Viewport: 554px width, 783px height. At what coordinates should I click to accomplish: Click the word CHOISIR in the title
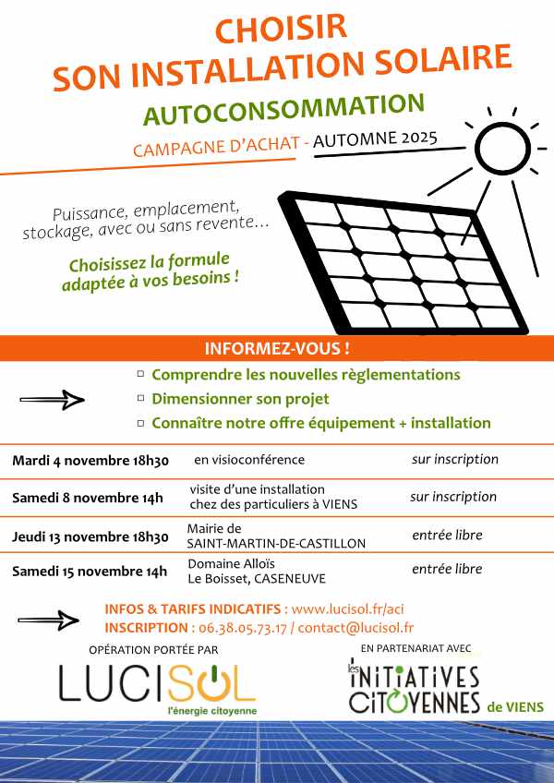(280, 28)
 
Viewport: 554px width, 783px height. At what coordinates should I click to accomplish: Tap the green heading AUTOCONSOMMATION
(283, 110)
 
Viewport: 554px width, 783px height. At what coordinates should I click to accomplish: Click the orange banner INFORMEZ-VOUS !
(277, 349)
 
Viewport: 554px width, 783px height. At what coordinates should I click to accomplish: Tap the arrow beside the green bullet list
(52, 400)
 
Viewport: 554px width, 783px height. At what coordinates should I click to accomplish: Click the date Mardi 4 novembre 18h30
(90, 461)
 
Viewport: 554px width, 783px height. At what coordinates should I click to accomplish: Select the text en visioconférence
(248, 460)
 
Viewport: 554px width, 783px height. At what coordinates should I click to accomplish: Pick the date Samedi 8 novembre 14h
(87, 499)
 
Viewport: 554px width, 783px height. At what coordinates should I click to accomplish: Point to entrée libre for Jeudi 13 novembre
(447, 536)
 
